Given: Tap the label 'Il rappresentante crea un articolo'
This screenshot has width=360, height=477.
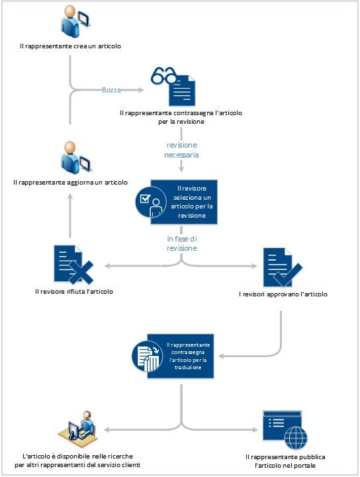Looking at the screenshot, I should tap(71, 47).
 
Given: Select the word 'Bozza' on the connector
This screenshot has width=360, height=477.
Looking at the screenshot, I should tap(111, 89).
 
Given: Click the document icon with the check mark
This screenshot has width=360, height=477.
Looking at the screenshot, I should tap(282, 267).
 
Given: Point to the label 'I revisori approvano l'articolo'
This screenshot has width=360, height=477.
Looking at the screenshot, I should tap(283, 294).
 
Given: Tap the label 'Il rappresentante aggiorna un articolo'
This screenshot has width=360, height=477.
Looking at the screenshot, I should tap(71, 182).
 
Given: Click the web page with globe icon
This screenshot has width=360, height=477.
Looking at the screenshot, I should tap(283, 429).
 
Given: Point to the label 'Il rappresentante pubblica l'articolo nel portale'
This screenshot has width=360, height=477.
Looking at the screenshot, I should tap(286, 462).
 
